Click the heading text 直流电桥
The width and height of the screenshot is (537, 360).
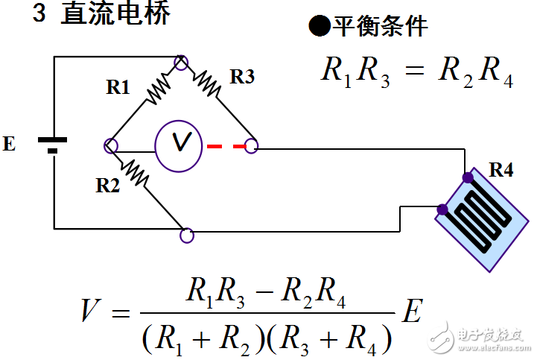pyautogui.click(x=116, y=15)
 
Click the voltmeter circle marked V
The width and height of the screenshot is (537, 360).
pyautogui.click(x=179, y=142)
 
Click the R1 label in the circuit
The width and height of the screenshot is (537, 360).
pyautogui.click(x=118, y=88)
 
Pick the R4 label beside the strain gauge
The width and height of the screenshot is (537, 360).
pyautogui.click(x=501, y=171)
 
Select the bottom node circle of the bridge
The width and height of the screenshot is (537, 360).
pyautogui.click(x=187, y=236)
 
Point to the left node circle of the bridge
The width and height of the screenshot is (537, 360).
pyautogui.click(x=112, y=146)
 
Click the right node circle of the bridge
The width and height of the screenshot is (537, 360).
pyautogui.click(x=252, y=146)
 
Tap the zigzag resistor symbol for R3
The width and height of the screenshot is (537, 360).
pyautogui.click(x=208, y=83)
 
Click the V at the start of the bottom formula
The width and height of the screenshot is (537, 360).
pyautogui.click(x=92, y=310)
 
